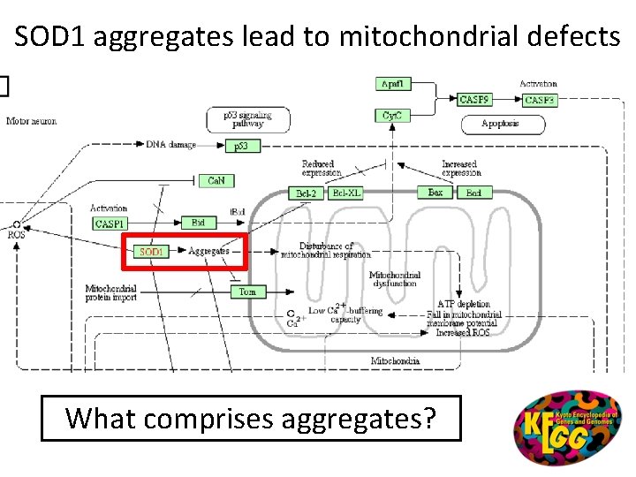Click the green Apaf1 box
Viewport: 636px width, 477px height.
(393, 84)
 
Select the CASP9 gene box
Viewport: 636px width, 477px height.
(475, 100)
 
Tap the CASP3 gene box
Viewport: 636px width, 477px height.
(539, 100)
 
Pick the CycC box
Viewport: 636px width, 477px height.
(393, 116)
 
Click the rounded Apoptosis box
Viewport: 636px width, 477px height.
(500, 124)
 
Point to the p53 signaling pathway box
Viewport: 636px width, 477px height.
(247, 118)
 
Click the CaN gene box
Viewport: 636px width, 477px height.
(216, 180)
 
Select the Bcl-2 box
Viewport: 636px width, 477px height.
(306, 193)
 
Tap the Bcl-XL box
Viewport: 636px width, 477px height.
(346, 193)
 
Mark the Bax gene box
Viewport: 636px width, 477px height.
(435, 193)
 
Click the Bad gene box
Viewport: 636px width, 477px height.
(473, 193)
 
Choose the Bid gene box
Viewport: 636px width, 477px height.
(198, 223)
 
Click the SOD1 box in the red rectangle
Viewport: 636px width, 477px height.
(151, 252)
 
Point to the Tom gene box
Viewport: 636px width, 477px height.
(247, 291)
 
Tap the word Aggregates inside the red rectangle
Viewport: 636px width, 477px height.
(208, 251)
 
